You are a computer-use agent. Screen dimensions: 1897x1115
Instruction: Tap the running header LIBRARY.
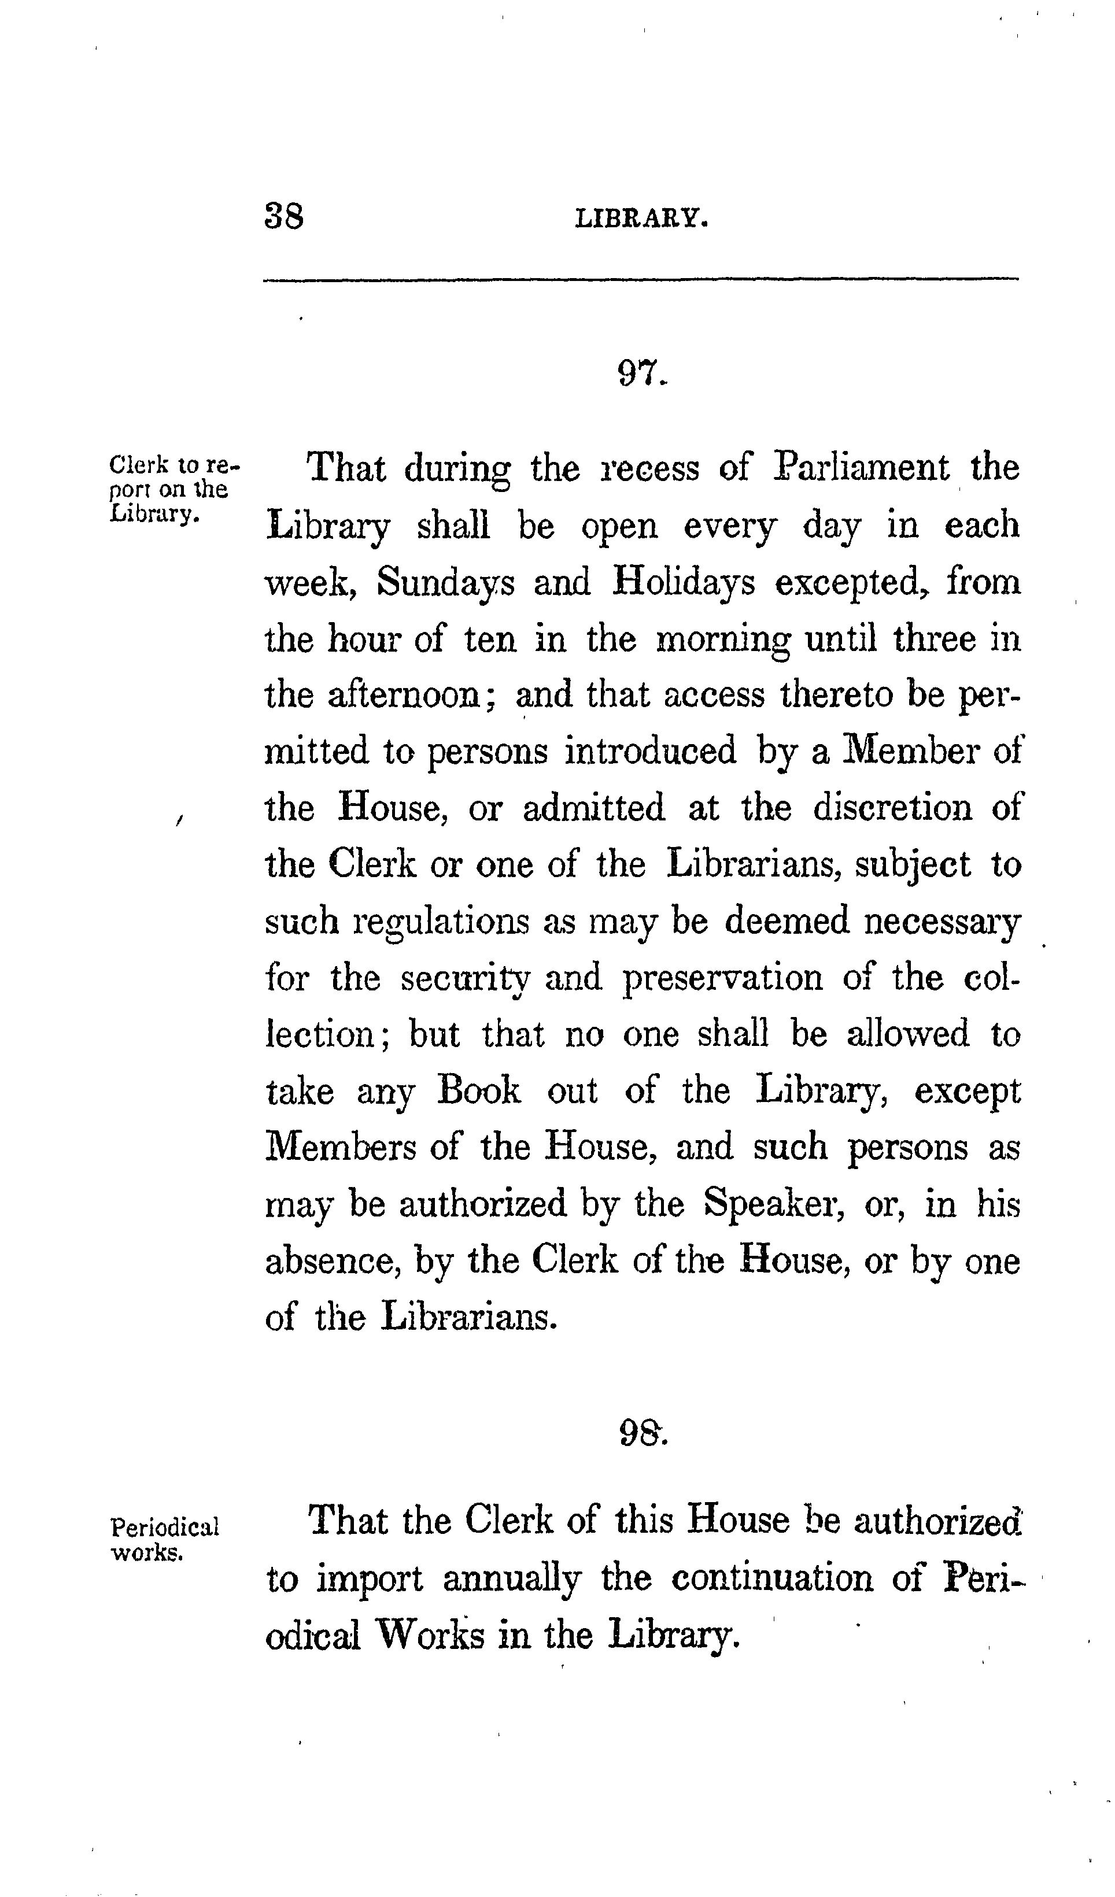point(641,219)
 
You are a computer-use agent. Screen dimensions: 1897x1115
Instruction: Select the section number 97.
point(641,372)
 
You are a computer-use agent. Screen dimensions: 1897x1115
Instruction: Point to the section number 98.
point(642,1433)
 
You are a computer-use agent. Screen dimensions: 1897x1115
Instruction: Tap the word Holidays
point(683,583)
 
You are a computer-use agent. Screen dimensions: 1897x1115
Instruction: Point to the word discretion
point(892,808)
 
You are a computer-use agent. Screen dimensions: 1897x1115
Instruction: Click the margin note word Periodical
point(165,1528)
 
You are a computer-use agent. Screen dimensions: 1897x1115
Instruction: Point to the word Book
point(479,1091)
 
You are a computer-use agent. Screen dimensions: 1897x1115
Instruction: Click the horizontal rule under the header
point(641,280)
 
